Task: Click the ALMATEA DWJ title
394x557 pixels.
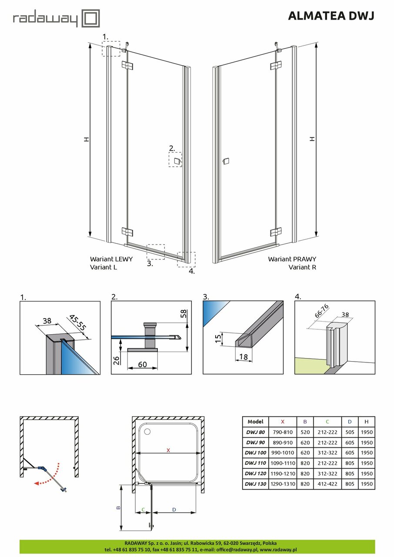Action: (x=331, y=16)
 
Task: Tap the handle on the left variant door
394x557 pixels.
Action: (x=177, y=161)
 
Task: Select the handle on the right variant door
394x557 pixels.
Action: (x=225, y=161)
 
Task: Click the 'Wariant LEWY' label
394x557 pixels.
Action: (x=111, y=258)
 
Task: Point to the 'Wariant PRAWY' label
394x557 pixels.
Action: (x=292, y=258)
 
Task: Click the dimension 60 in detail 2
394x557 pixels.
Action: (x=142, y=364)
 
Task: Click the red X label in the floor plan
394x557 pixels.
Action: (x=168, y=450)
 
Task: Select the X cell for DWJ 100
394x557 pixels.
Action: (x=283, y=453)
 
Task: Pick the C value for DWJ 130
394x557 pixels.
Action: (x=327, y=483)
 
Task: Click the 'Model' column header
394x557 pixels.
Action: (x=255, y=422)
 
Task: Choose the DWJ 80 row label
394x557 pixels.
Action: (x=255, y=432)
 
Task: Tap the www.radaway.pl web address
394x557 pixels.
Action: (x=278, y=550)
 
